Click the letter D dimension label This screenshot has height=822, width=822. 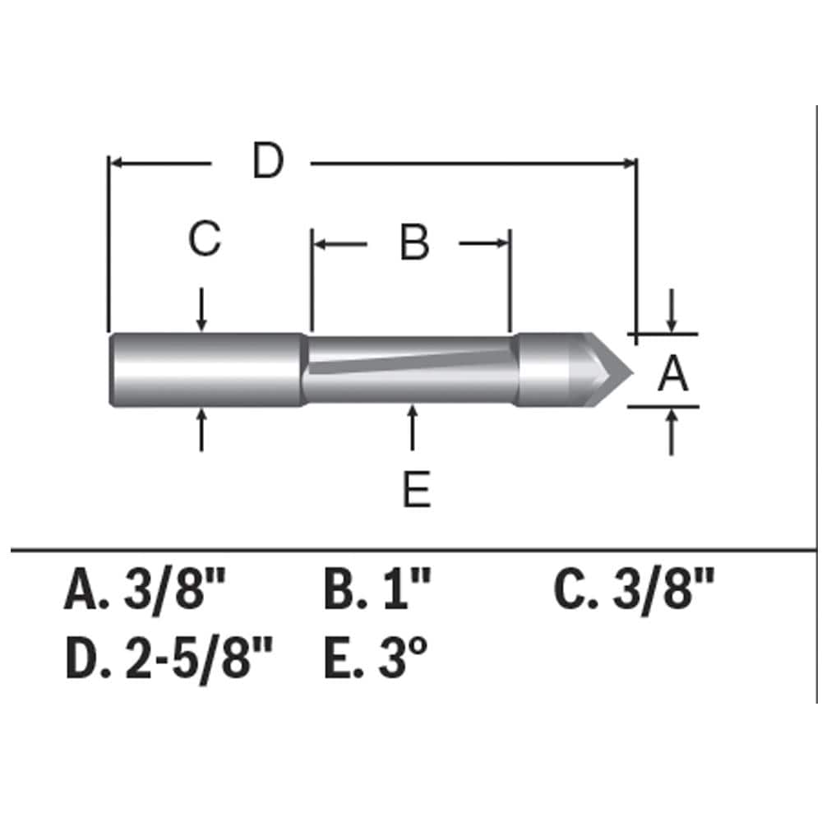[x=268, y=161]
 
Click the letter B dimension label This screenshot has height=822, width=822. [x=414, y=244]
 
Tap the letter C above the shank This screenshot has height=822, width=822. [x=204, y=240]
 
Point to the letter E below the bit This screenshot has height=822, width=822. [x=416, y=492]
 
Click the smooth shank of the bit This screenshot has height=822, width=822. [x=205, y=369]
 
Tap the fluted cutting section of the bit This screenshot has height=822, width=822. [x=411, y=369]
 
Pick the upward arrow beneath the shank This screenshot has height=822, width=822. [x=202, y=429]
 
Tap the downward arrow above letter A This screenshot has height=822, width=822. [x=672, y=311]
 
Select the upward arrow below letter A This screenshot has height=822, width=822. [x=672, y=431]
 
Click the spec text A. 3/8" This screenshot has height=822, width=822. [x=145, y=592]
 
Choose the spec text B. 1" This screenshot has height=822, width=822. [x=377, y=592]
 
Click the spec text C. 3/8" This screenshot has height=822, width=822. [x=634, y=592]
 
